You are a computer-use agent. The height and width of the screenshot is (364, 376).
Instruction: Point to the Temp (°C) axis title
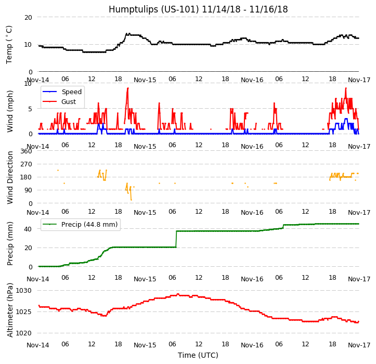9,44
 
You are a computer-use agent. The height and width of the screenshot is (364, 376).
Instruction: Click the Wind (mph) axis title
10,111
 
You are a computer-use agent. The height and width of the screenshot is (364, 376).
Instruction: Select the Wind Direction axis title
10,177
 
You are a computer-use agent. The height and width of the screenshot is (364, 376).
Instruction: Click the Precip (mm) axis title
10,243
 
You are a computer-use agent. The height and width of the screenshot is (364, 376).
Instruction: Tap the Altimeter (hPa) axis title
10,310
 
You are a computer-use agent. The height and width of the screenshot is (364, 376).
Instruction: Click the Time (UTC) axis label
198,355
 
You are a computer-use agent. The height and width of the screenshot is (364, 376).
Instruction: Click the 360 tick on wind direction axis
26,151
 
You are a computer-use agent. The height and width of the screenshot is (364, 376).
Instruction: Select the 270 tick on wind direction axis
26,164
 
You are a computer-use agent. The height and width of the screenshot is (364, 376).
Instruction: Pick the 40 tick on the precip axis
28,229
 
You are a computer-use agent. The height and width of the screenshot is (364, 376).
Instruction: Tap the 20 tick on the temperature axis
28,17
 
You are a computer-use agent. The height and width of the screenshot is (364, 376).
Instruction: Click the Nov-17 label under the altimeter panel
359,345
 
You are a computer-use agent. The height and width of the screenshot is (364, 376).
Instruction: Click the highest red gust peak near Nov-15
127,88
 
